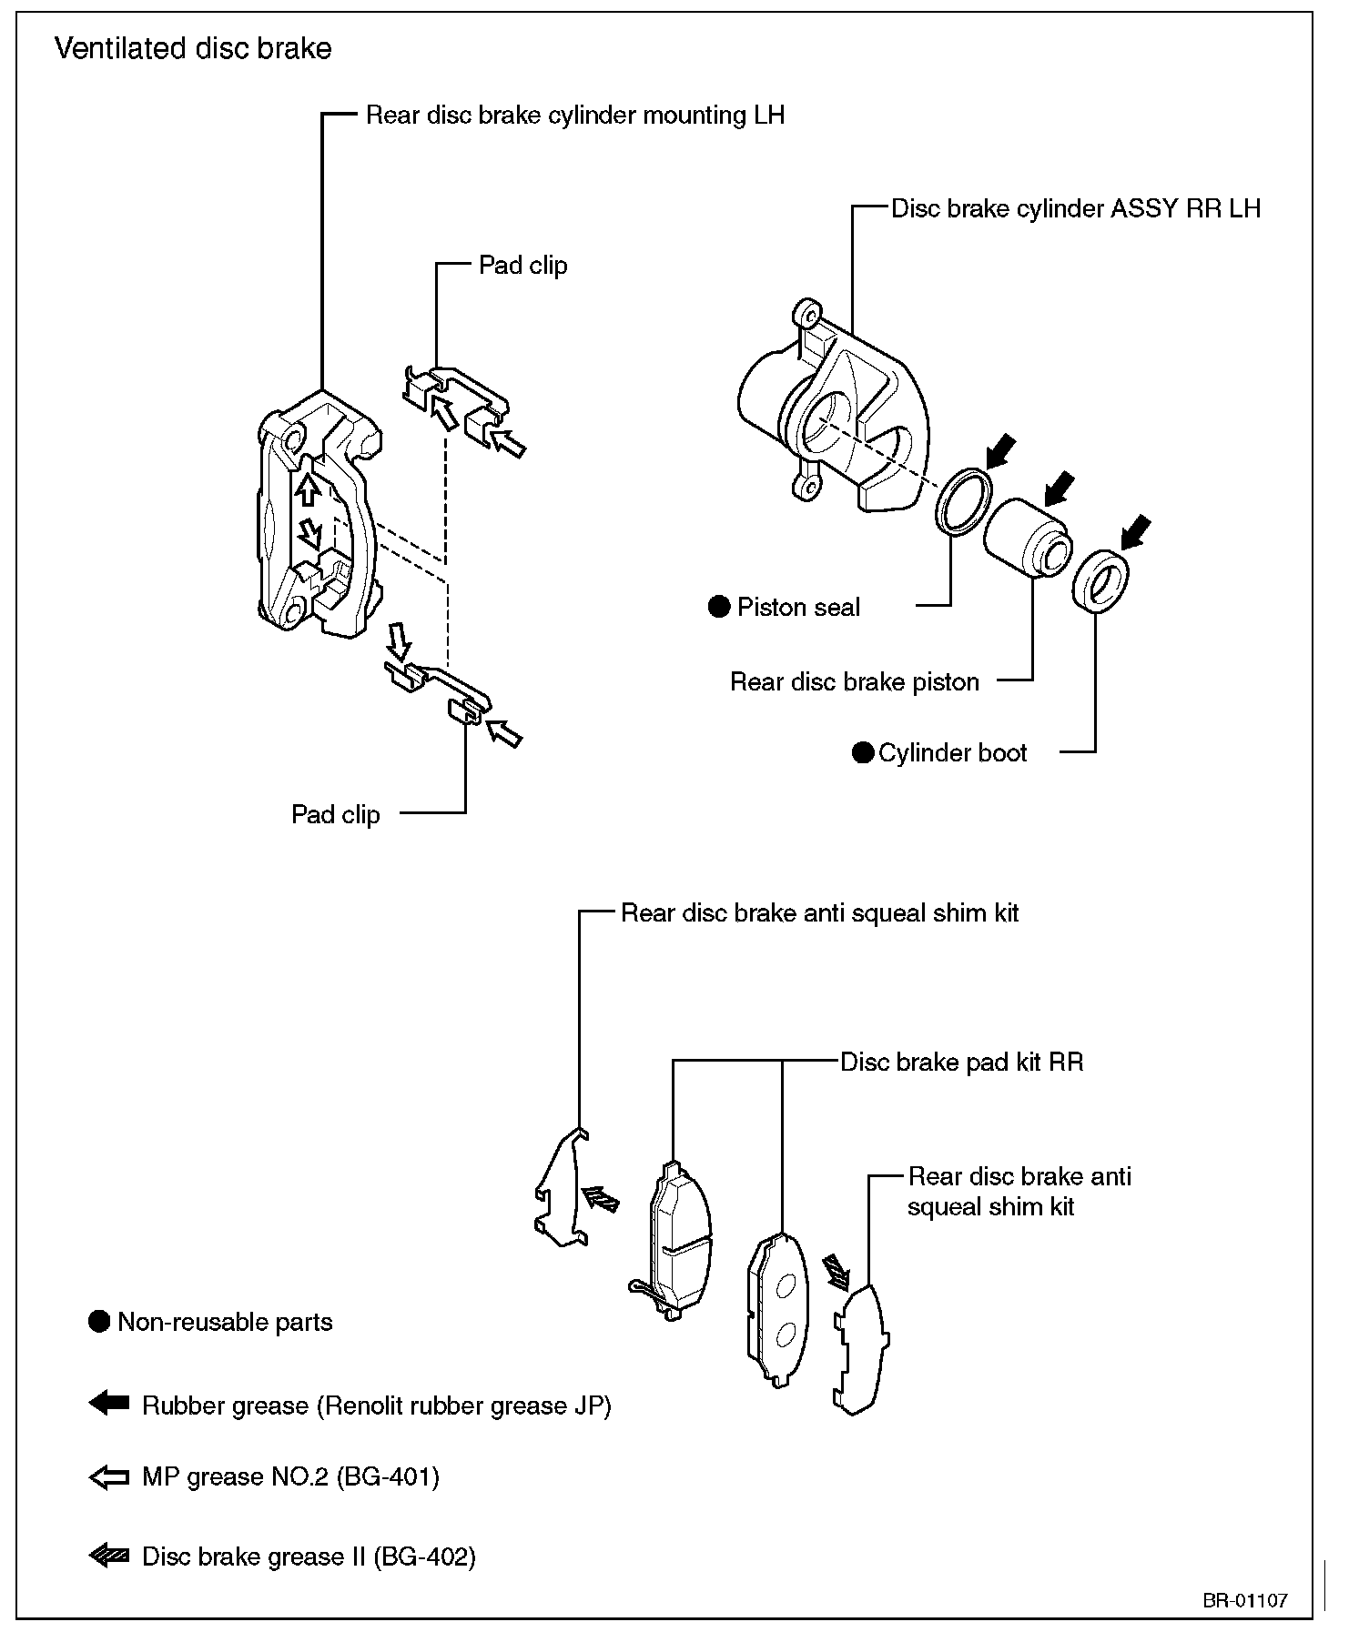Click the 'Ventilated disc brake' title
pyautogui.click(x=193, y=48)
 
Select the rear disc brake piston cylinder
pyautogui.click(x=1024, y=536)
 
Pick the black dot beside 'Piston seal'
pyautogui.click(x=719, y=607)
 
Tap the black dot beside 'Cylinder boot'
pyautogui.click(x=862, y=752)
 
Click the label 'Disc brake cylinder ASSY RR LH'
pyautogui.click(x=1075, y=208)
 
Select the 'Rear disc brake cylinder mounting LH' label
pyautogui.click(x=574, y=116)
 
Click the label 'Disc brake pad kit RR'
pyautogui.click(x=961, y=1062)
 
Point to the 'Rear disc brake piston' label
pyautogui.click(x=854, y=681)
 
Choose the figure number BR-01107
pyautogui.click(x=1244, y=1599)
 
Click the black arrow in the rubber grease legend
pyautogui.click(x=109, y=1404)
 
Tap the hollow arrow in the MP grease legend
pyautogui.click(x=109, y=1477)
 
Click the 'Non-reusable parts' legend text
pyautogui.click(x=225, y=1322)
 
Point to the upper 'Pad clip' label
pyautogui.click(x=522, y=266)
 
